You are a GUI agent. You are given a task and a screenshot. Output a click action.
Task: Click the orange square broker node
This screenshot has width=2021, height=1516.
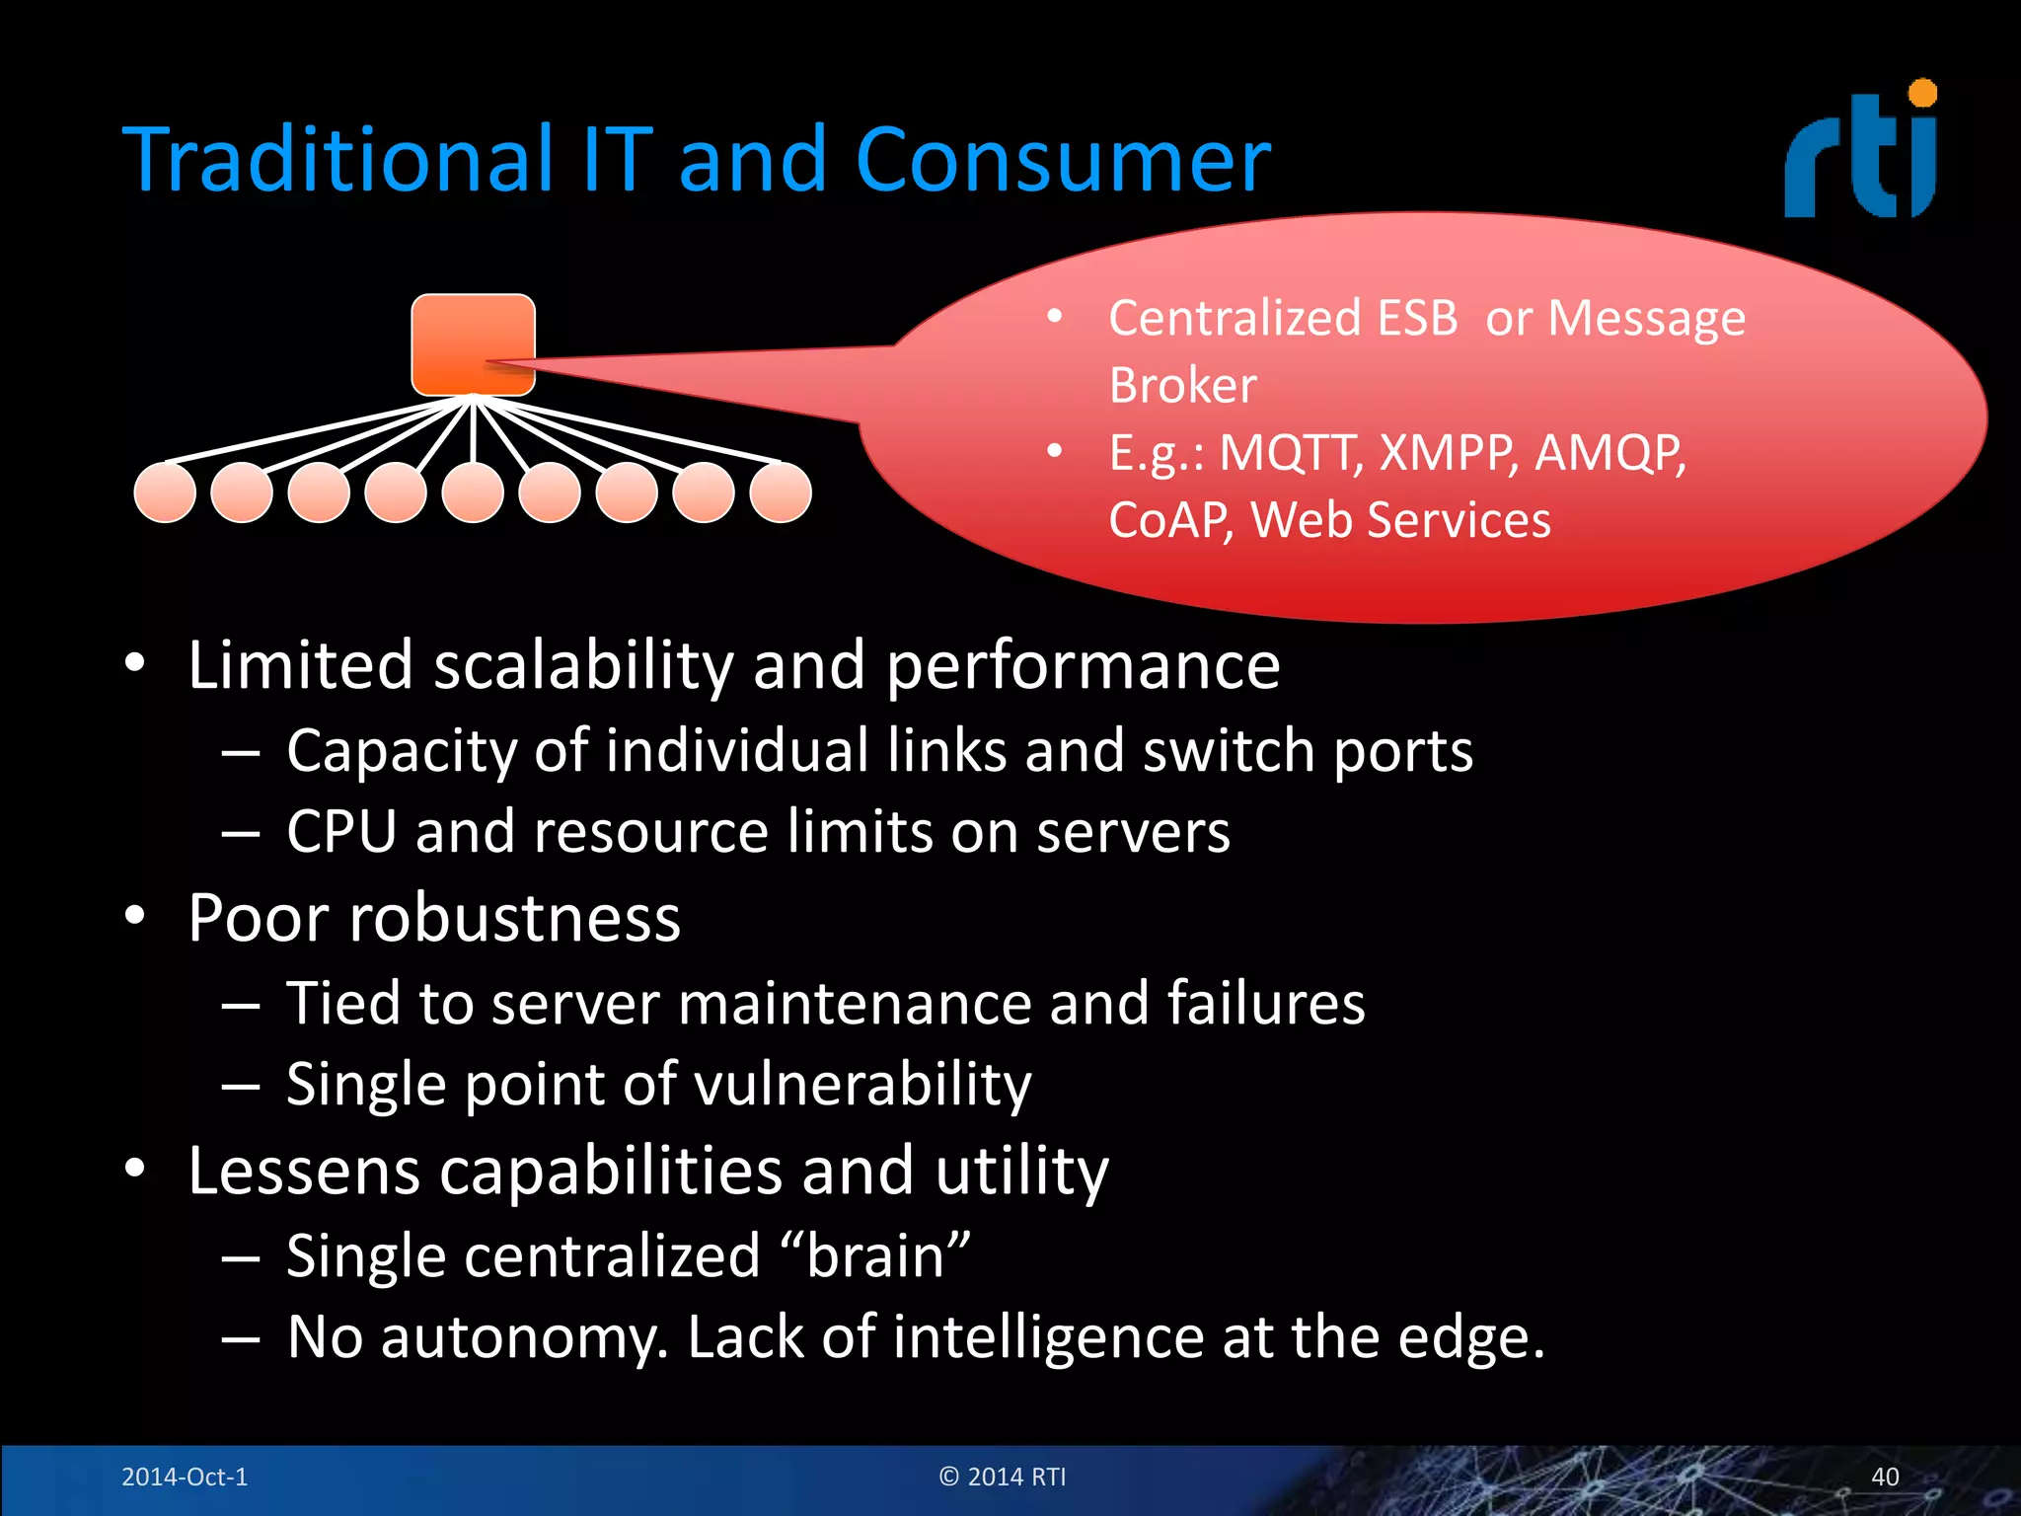[473, 343]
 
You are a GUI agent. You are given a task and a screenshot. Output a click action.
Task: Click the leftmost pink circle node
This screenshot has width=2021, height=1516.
[165, 493]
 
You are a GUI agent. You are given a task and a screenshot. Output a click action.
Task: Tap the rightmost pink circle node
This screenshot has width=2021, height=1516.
[781, 493]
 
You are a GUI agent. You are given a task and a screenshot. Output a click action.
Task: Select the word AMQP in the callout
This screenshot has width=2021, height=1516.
[1609, 454]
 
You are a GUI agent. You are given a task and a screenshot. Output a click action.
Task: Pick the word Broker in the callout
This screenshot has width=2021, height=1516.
[1182, 385]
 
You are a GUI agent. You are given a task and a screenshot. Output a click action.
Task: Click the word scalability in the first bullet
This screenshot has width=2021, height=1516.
[583, 665]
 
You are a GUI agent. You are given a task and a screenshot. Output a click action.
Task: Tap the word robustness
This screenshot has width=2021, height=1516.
[515, 919]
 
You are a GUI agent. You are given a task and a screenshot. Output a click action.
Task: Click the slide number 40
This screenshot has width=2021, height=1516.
[1885, 1477]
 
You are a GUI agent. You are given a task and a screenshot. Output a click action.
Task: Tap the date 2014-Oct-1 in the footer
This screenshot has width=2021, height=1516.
[185, 1477]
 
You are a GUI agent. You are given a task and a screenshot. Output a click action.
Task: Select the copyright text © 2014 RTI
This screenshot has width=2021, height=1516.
[1003, 1477]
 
